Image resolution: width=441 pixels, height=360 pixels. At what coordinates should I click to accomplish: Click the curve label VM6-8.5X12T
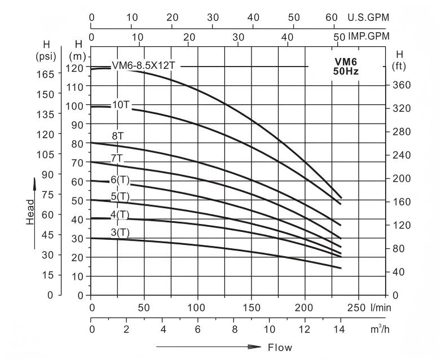point(144,65)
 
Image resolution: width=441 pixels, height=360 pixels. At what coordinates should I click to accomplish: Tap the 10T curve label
point(121,104)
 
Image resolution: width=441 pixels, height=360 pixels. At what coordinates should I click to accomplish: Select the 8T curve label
point(118,135)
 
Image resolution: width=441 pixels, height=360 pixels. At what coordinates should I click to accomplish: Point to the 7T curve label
point(117,157)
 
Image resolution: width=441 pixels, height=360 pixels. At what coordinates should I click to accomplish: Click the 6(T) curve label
point(120,179)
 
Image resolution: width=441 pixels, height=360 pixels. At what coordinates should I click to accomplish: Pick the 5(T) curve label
point(120,196)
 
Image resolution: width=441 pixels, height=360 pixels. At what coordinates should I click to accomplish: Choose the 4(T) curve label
point(120,214)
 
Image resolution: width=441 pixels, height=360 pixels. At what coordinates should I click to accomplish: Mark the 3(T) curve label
point(120,232)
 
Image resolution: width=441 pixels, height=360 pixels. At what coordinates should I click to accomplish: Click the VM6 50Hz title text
point(346,67)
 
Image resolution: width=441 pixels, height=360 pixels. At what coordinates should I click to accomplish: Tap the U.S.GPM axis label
point(370,17)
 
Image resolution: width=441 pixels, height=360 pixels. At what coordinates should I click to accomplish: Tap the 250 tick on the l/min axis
point(356,308)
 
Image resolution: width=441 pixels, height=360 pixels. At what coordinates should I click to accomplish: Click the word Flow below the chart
point(280,348)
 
